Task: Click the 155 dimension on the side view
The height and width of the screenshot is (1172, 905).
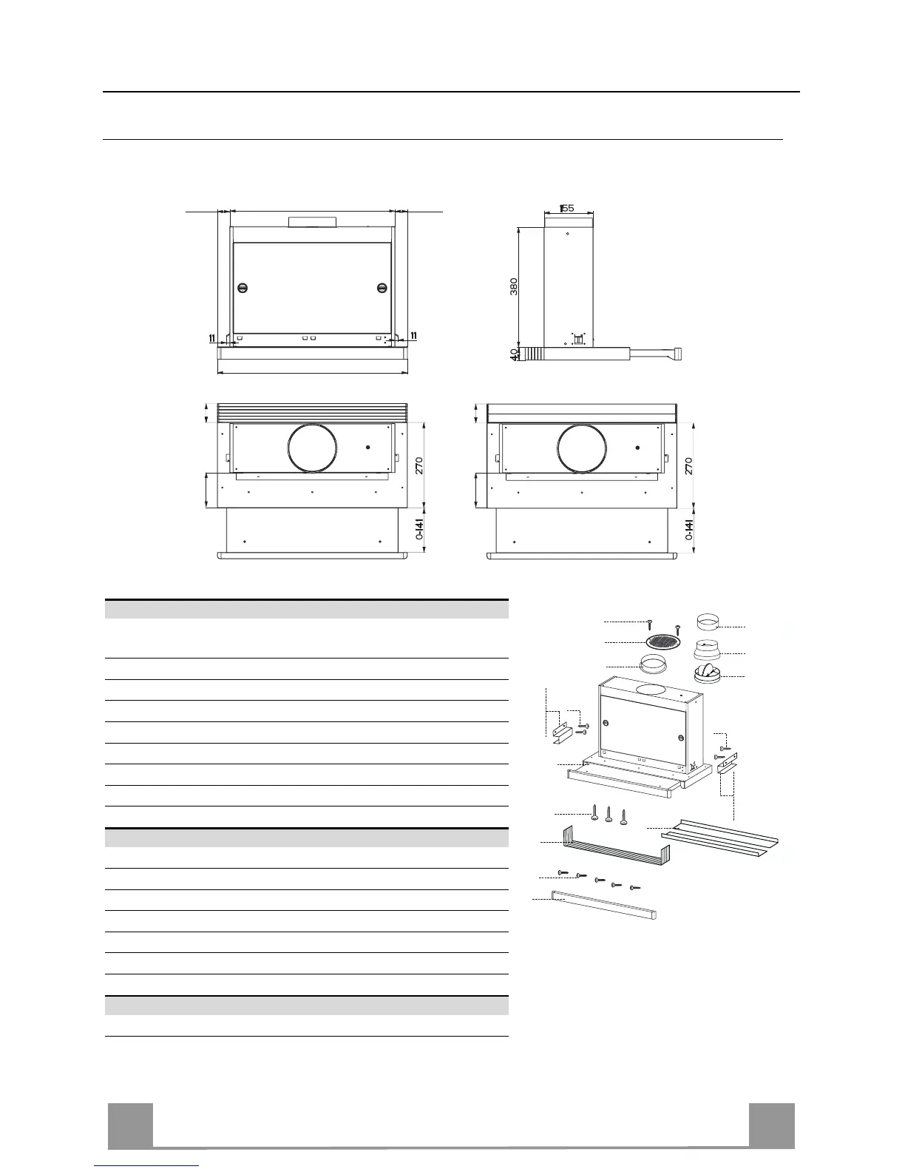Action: point(567,208)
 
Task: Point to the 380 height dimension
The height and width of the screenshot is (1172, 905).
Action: point(514,286)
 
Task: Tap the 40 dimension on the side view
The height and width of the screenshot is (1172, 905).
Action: point(514,354)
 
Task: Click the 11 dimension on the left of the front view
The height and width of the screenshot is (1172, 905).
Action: point(212,338)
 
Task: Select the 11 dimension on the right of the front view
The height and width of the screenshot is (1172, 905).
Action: point(413,336)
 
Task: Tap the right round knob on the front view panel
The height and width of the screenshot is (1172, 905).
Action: point(382,288)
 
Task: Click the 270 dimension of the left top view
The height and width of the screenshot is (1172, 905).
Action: point(419,466)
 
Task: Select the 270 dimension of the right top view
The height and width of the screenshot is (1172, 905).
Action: point(689,466)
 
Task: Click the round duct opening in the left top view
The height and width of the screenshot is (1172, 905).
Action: point(313,448)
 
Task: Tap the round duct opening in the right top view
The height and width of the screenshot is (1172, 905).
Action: point(583,448)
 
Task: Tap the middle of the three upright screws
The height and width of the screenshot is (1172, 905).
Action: point(609,814)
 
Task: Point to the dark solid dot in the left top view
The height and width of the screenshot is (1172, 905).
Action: point(368,448)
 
